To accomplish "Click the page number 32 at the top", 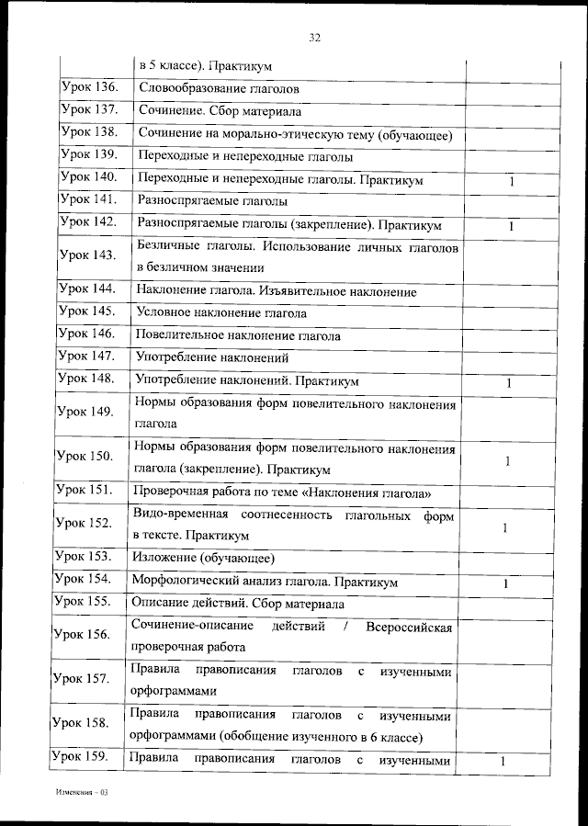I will pos(315,38).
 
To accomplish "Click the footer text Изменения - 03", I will pos(82,791).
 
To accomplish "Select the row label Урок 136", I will pos(89,88).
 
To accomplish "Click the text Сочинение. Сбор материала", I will pos(220,112).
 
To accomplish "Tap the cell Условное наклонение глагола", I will pos(220,313).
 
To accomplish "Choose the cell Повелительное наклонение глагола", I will pos(237,336).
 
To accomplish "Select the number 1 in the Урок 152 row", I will pos(505,527).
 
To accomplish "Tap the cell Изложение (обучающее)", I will pos(204,558).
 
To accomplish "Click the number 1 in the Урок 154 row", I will pos(505,583).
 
